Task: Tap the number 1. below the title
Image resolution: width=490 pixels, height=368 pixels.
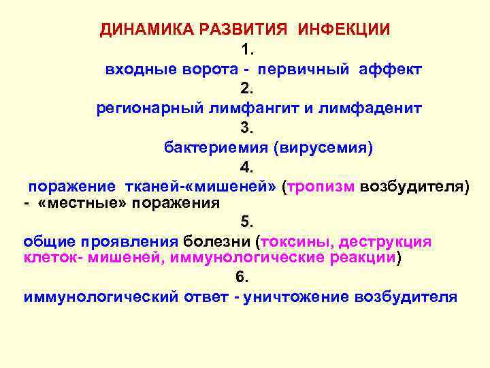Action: click(246, 49)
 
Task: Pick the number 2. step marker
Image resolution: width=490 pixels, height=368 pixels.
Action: click(246, 89)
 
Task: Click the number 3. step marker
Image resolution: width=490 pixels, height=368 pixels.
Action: click(246, 127)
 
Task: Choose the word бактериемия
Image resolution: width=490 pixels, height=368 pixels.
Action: click(216, 147)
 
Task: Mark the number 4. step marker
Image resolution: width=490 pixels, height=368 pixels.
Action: click(246, 167)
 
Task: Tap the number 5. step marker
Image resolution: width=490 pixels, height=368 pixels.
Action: click(246, 222)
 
